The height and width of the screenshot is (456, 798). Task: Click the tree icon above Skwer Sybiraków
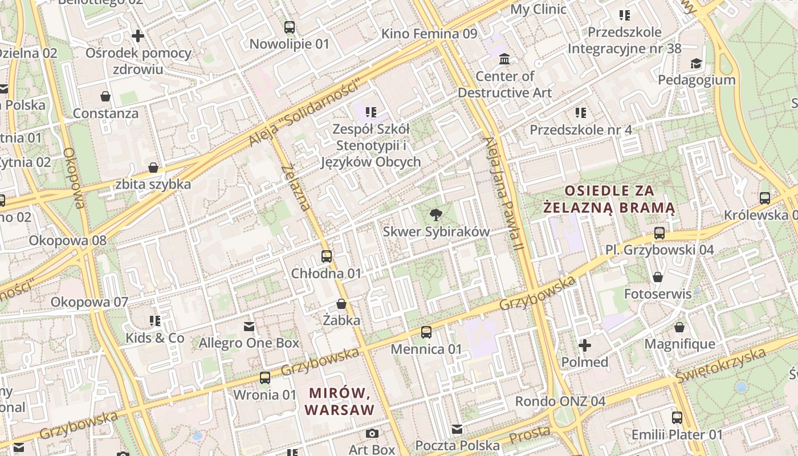pos(436,215)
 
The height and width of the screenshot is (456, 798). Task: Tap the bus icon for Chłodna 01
pos(326,256)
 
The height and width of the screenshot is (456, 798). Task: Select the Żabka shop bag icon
pos(341,304)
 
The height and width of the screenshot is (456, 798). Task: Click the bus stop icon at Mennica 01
pos(426,332)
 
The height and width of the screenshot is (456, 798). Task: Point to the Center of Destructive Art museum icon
pos(504,59)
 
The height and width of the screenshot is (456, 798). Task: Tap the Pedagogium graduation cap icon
pos(696,63)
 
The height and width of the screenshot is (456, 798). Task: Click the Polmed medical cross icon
pos(585,345)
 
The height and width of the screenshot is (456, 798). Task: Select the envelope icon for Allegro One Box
pos(249,327)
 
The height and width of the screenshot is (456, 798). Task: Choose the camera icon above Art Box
pos(372,434)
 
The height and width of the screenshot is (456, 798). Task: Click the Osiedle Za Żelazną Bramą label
pos(609,199)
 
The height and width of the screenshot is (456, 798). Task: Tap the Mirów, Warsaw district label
pos(340,401)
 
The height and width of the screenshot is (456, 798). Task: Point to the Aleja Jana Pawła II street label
pos(503,194)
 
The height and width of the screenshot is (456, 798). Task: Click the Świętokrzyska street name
pos(720,365)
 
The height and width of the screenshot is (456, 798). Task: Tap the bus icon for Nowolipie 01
pos(290,27)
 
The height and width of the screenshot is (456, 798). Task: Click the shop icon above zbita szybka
pos(153,168)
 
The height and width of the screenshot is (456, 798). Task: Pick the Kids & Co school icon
pos(155,321)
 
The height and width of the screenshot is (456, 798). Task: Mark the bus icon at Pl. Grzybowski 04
pos(659,233)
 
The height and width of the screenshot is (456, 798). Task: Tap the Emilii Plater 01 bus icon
pos(677,418)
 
